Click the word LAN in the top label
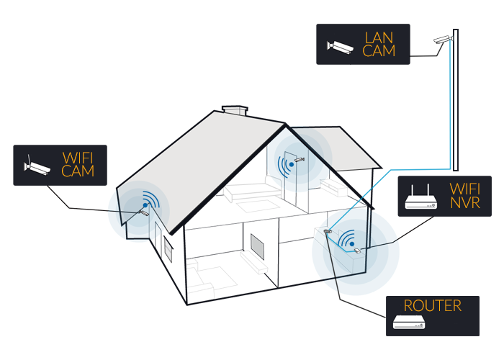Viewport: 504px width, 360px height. click(x=380, y=37)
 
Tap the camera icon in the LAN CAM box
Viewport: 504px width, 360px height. click(x=341, y=45)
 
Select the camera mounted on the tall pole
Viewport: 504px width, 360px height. click(x=444, y=39)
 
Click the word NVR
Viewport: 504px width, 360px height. click(x=467, y=204)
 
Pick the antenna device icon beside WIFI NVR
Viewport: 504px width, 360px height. click(x=422, y=199)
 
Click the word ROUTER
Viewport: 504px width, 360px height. click(x=432, y=306)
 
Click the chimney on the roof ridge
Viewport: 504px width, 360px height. click(x=235, y=112)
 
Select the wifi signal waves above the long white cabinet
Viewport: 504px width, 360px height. click(x=348, y=237)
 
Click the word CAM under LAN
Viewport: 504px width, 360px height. click(x=380, y=51)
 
